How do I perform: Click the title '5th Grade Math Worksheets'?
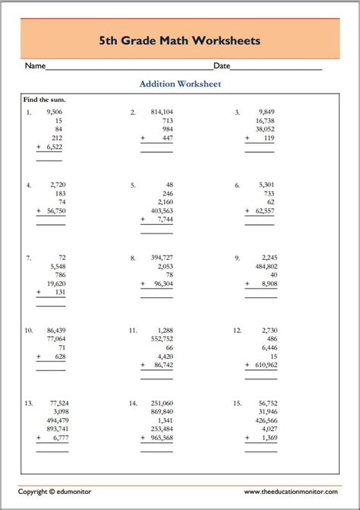pos(179,40)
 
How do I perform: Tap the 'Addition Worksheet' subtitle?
pos(180,84)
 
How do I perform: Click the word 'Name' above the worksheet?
pos(36,66)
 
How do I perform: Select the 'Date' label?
pos(222,66)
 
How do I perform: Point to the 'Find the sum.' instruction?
pos(45,100)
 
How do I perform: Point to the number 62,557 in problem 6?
pos(265,211)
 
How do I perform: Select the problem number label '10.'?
pos(29,331)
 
